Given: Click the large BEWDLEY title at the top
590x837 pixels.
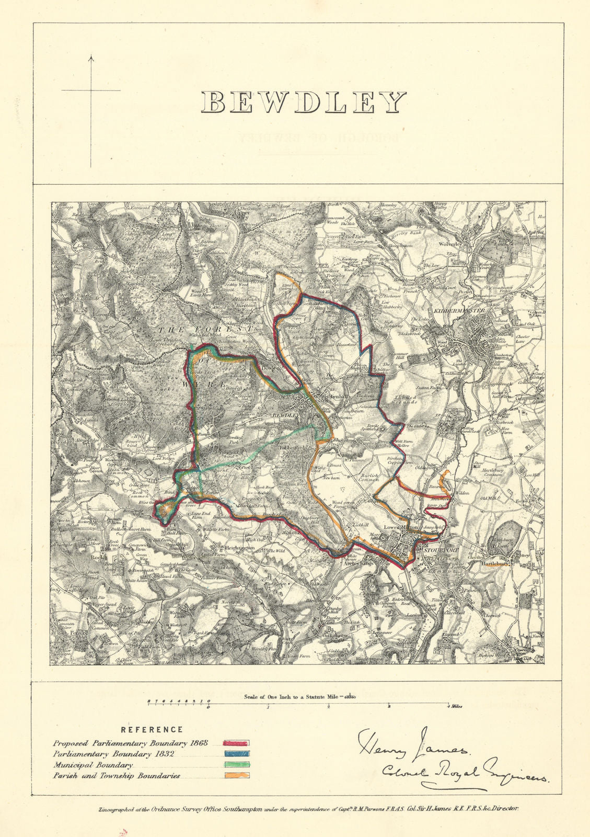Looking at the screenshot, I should pos(304,102).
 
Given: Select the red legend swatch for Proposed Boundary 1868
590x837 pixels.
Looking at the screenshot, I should pos(236,743).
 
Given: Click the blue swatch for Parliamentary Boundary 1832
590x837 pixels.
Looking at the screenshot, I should pos(236,754).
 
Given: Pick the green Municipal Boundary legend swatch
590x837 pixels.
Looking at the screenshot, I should pos(236,765).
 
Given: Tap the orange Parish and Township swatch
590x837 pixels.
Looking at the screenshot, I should pos(236,776).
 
